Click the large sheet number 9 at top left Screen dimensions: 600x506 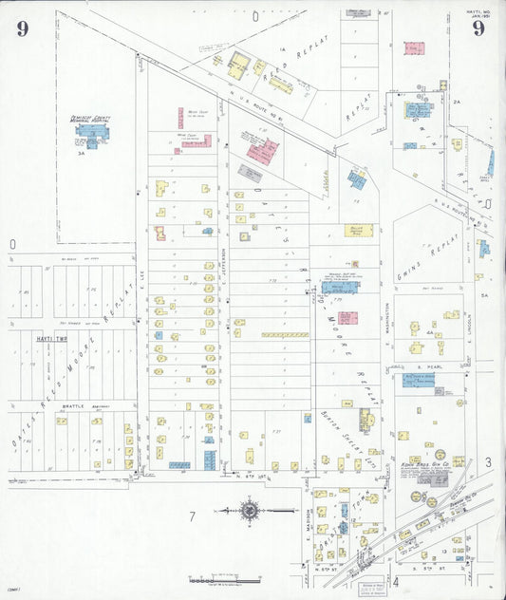(x=22, y=28)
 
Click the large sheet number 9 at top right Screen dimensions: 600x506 (x=478, y=28)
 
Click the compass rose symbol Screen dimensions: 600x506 (x=249, y=513)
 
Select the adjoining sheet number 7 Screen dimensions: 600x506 (x=191, y=516)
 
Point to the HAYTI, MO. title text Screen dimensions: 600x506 (x=478, y=11)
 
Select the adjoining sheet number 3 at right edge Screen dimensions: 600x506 (x=487, y=462)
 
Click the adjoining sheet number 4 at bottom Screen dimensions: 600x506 (x=395, y=580)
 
